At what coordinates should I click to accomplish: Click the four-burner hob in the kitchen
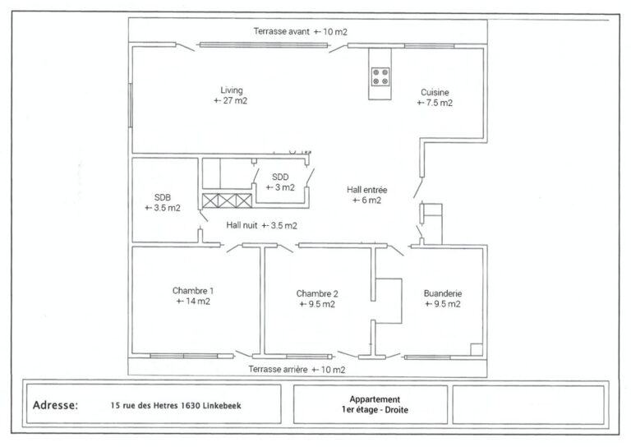[x=380, y=76]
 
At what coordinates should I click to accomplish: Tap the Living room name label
[x=232, y=90]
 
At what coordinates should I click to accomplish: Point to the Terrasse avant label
[x=282, y=31]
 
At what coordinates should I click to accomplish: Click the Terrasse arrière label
[x=278, y=369]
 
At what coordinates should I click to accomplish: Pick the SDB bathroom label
[x=163, y=197]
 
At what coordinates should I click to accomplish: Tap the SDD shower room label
[x=280, y=177]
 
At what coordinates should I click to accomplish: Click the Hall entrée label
[x=367, y=190]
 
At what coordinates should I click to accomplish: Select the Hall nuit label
[x=242, y=225]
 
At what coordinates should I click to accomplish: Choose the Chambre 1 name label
[x=193, y=291]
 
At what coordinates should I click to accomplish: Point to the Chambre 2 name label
[x=317, y=293]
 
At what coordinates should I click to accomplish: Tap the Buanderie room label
[x=443, y=293]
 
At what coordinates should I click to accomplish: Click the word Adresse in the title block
[x=56, y=405]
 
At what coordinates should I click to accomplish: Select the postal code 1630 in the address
[x=191, y=406]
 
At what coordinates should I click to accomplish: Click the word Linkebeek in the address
[x=222, y=406]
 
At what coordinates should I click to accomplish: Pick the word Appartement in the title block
[x=375, y=399]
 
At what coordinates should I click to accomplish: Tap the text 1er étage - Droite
[x=375, y=410]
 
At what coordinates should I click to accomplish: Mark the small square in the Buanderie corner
[x=477, y=349]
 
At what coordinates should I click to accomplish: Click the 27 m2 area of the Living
[x=231, y=100]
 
